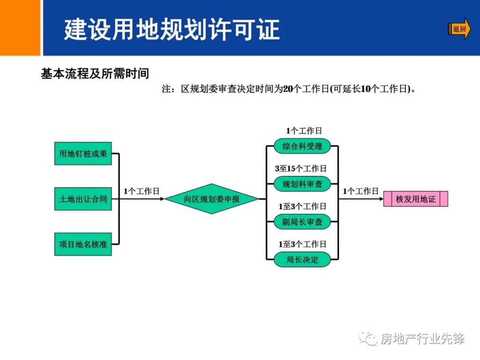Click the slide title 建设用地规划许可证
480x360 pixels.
172,29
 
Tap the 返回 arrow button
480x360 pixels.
459,29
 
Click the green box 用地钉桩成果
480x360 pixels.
83,154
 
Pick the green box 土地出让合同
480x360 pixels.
83,199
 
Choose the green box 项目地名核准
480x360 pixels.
83,244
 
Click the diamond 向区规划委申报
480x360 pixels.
212,199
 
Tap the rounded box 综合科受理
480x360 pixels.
302,146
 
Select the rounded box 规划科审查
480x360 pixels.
302,184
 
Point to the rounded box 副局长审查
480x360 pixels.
302,221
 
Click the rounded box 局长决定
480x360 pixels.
302,259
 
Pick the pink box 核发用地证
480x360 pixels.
416,199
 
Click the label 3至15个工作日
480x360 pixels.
300,168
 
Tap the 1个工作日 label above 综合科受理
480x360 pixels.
304,131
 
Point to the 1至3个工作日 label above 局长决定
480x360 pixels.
302,244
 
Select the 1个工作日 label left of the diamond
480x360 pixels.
141,191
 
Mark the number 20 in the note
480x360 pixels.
288,89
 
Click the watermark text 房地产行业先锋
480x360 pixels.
423,339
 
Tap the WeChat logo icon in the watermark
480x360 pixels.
368,339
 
